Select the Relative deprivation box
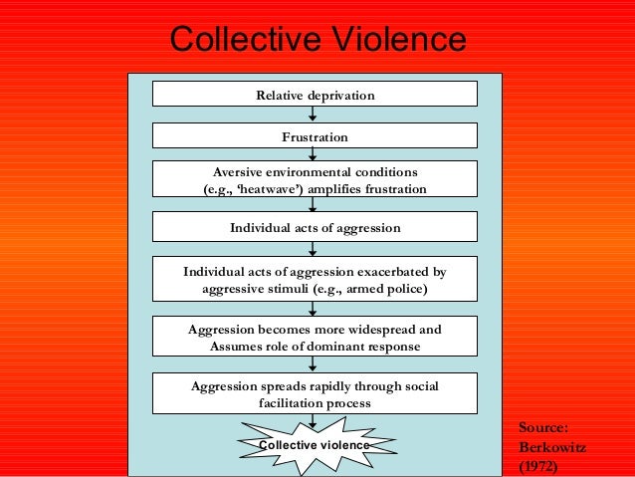315,95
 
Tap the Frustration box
315,135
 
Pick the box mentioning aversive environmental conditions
315,179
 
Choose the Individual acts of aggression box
315,228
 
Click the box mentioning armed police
315,280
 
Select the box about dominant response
315,337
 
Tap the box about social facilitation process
315,393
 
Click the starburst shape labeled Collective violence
315,445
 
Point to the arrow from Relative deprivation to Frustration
314,115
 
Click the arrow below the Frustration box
314,154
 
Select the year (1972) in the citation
538,465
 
